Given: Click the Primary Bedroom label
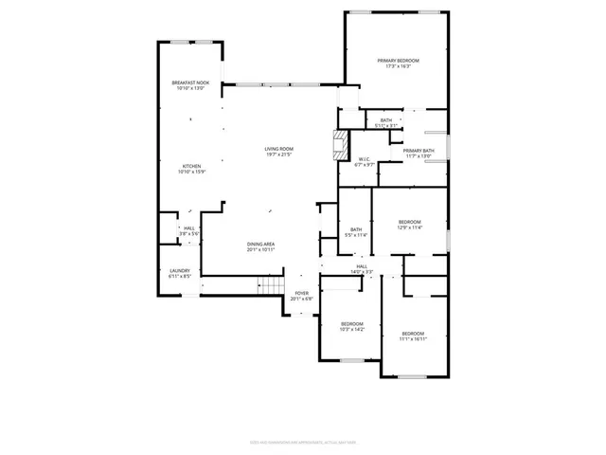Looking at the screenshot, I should [398, 61].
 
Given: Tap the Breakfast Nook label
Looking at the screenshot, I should [190, 83].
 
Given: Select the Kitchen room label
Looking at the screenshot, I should [190, 166].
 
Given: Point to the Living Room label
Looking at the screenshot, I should [278, 149].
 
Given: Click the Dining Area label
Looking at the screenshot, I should [261, 245].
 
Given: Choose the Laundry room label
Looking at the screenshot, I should [180, 271].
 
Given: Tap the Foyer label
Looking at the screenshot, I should [301, 293].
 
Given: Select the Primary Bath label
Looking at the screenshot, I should [419, 151].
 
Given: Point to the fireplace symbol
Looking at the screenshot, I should [339, 144].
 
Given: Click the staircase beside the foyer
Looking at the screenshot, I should [272, 287].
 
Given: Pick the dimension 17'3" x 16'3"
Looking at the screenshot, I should [398, 66].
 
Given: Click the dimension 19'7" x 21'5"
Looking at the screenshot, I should [278, 155].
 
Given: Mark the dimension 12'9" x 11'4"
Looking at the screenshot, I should [409, 227].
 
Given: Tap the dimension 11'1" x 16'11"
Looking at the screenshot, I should [413, 338].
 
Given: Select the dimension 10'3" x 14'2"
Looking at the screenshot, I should [352, 329].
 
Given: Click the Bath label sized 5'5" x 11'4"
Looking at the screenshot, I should [356, 231].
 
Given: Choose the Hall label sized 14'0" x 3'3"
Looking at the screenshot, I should [362, 269].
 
